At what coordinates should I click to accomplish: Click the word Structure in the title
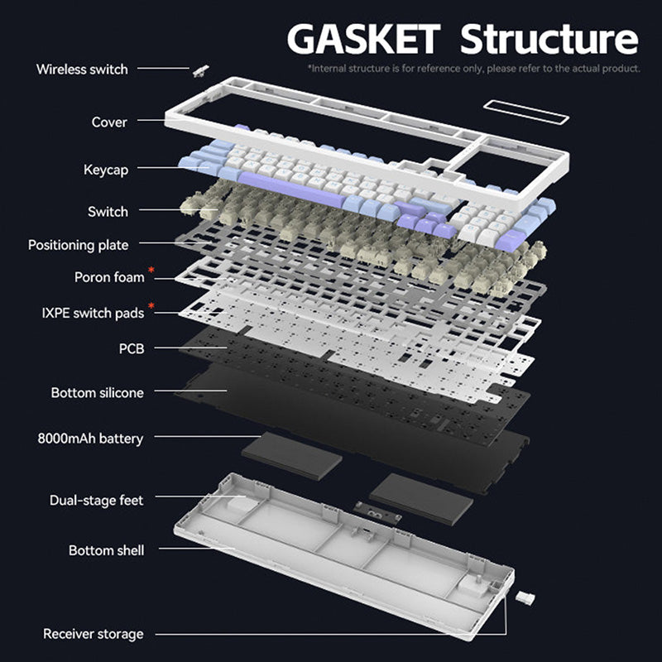tap(549, 38)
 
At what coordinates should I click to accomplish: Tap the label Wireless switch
tap(82, 69)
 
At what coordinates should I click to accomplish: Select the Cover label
tap(109, 122)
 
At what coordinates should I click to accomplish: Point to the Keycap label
tap(106, 170)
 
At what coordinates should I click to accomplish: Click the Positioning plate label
tap(78, 245)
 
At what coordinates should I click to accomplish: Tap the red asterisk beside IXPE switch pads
tap(151, 307)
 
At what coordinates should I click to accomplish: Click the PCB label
tap(131, 348)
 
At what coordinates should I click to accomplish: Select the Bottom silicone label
tap(97, 392)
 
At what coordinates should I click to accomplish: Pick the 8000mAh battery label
tap(90, 438)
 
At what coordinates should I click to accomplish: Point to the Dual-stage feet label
tap(96, 500)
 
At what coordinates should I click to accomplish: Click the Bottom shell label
tap(106, 550)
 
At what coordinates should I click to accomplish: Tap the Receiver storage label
tap(93, 634)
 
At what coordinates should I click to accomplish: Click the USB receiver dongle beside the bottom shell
tap(525, 597)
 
